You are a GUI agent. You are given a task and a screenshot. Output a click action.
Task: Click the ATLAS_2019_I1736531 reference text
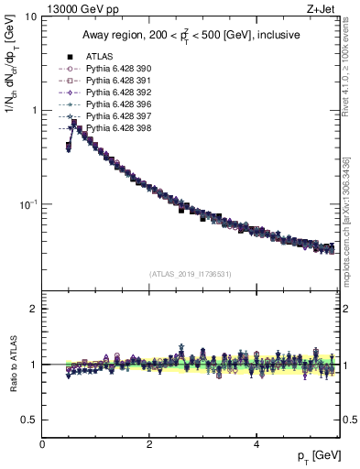[x=190, y=274]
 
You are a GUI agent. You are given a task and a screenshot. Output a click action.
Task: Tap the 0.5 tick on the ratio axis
[x=29, y=420]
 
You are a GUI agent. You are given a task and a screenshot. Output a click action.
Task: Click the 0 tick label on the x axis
[x=42, y=444]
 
